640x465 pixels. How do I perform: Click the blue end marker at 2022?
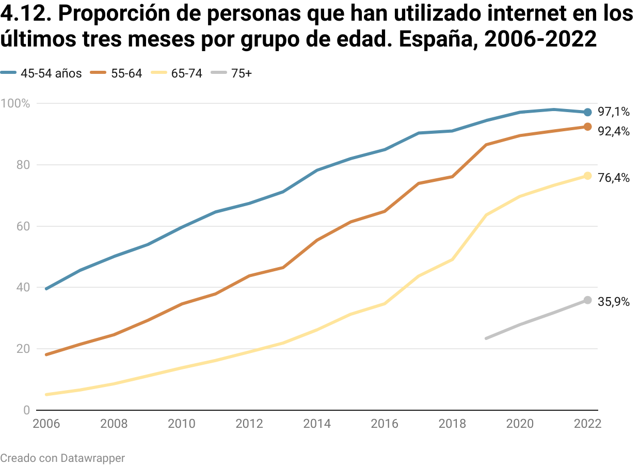point(587,112)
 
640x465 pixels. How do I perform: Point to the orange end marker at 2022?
point(587,127)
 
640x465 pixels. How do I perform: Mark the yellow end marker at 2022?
point(587,176)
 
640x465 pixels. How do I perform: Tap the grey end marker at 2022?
point(587,300)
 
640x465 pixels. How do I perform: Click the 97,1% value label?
point(614,112)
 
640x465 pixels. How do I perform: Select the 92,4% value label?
point(614,132)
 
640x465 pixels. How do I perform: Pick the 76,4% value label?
point(614,178)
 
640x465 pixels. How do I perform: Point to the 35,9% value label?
point(614,302)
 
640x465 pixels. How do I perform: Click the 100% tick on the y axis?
point(15,103)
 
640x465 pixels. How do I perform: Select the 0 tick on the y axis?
point(26,410)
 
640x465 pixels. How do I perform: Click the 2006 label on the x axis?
point(46,424)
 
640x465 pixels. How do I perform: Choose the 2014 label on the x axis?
point(317,424)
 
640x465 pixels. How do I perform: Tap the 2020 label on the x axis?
point(520,424)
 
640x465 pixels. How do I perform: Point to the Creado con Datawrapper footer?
point(62,458)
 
